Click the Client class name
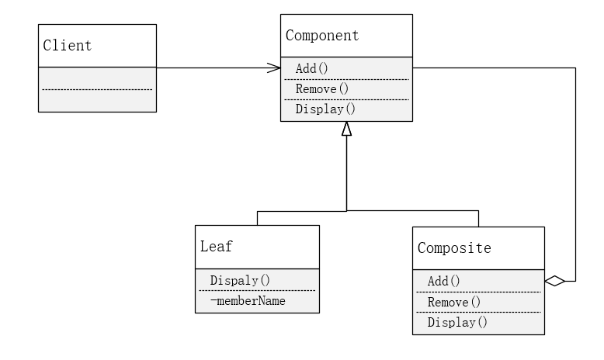pos(67,45)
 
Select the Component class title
pos(322,35)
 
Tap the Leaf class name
pos(217,247)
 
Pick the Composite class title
pos(454,248)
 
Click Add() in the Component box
pos(312,68)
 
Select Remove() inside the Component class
pos(322,88)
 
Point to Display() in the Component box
pos(325,109)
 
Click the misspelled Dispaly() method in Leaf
pos(239,280)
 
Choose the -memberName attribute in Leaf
pos(247,300)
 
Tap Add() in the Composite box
pos(444,281)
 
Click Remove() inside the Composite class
pos(454,302)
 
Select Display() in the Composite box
pos(457,322)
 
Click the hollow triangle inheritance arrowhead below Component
pos(346,130)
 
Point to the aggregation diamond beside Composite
pos(554,281)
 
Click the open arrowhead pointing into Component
pos(274,68)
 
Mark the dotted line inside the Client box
pos(97,90)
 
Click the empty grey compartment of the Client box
pos(97,102)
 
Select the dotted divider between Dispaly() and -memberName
pos(257,290)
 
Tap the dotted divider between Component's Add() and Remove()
pos(346,79)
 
